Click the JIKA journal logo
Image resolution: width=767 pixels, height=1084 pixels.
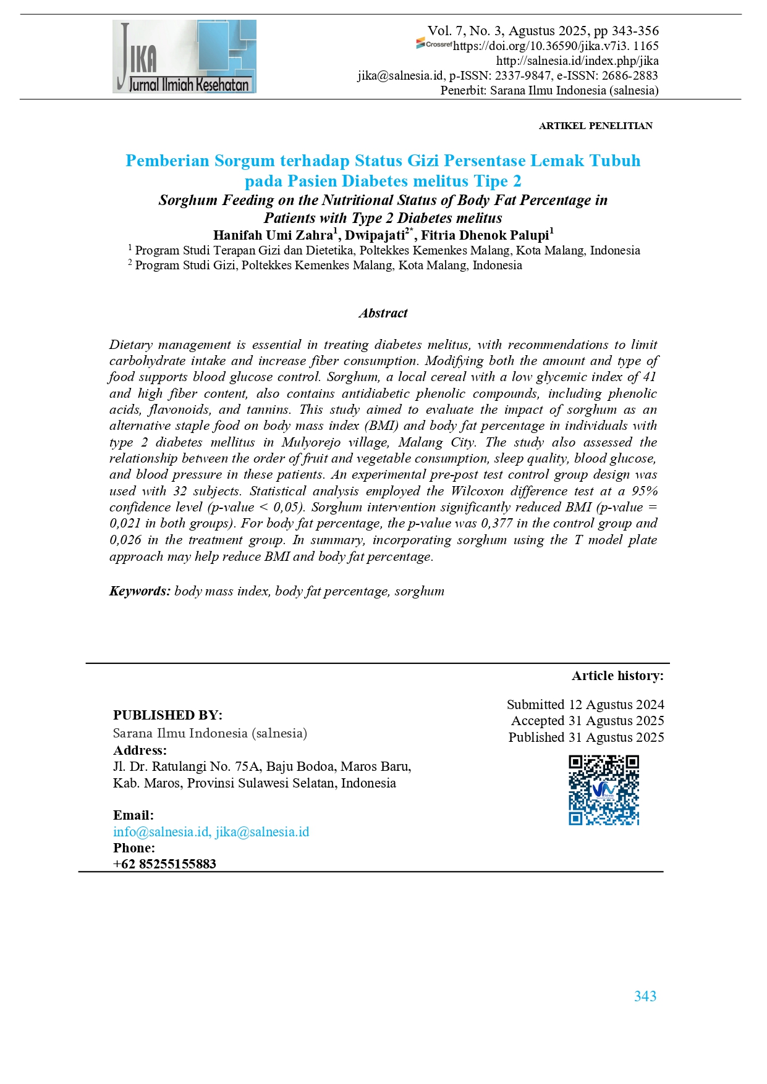184,56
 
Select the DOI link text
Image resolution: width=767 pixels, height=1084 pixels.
556,46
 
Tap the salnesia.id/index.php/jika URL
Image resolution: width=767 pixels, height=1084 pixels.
577,61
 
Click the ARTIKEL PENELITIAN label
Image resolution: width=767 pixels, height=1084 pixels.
595,126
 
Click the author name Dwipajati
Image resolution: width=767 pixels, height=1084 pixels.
375,235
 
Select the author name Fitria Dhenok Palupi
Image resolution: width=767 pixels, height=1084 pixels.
485,235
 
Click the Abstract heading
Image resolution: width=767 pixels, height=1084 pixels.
383,313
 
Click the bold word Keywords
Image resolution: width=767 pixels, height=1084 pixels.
140,591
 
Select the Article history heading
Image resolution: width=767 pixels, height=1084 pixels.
617,676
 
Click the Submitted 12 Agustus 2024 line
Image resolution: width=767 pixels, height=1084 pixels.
585,705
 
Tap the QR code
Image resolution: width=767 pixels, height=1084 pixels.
604,789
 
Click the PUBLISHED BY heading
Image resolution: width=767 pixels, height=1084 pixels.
167,715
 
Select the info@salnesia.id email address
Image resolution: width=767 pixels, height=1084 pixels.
161,832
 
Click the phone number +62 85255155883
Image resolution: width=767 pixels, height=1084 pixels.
164,864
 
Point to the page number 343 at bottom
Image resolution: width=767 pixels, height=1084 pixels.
645,996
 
